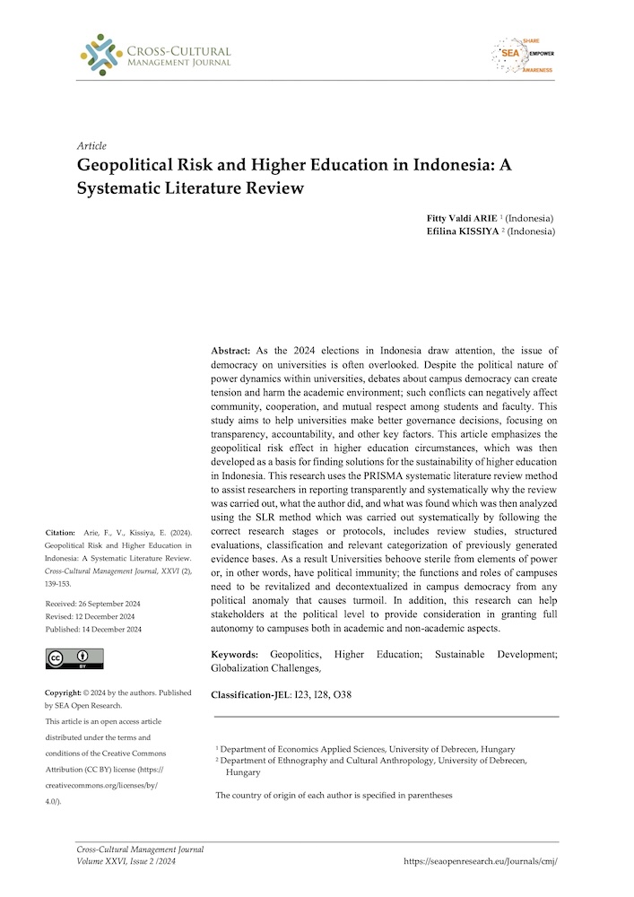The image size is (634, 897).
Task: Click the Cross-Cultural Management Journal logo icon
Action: (x=100, y=54)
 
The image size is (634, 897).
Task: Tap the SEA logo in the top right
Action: (x=522, y=56)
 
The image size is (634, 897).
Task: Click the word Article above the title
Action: (x=92, y=145)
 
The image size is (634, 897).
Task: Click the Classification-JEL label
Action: (x=254, y=695)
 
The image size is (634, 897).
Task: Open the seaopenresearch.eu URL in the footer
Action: (x=481, y=860)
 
